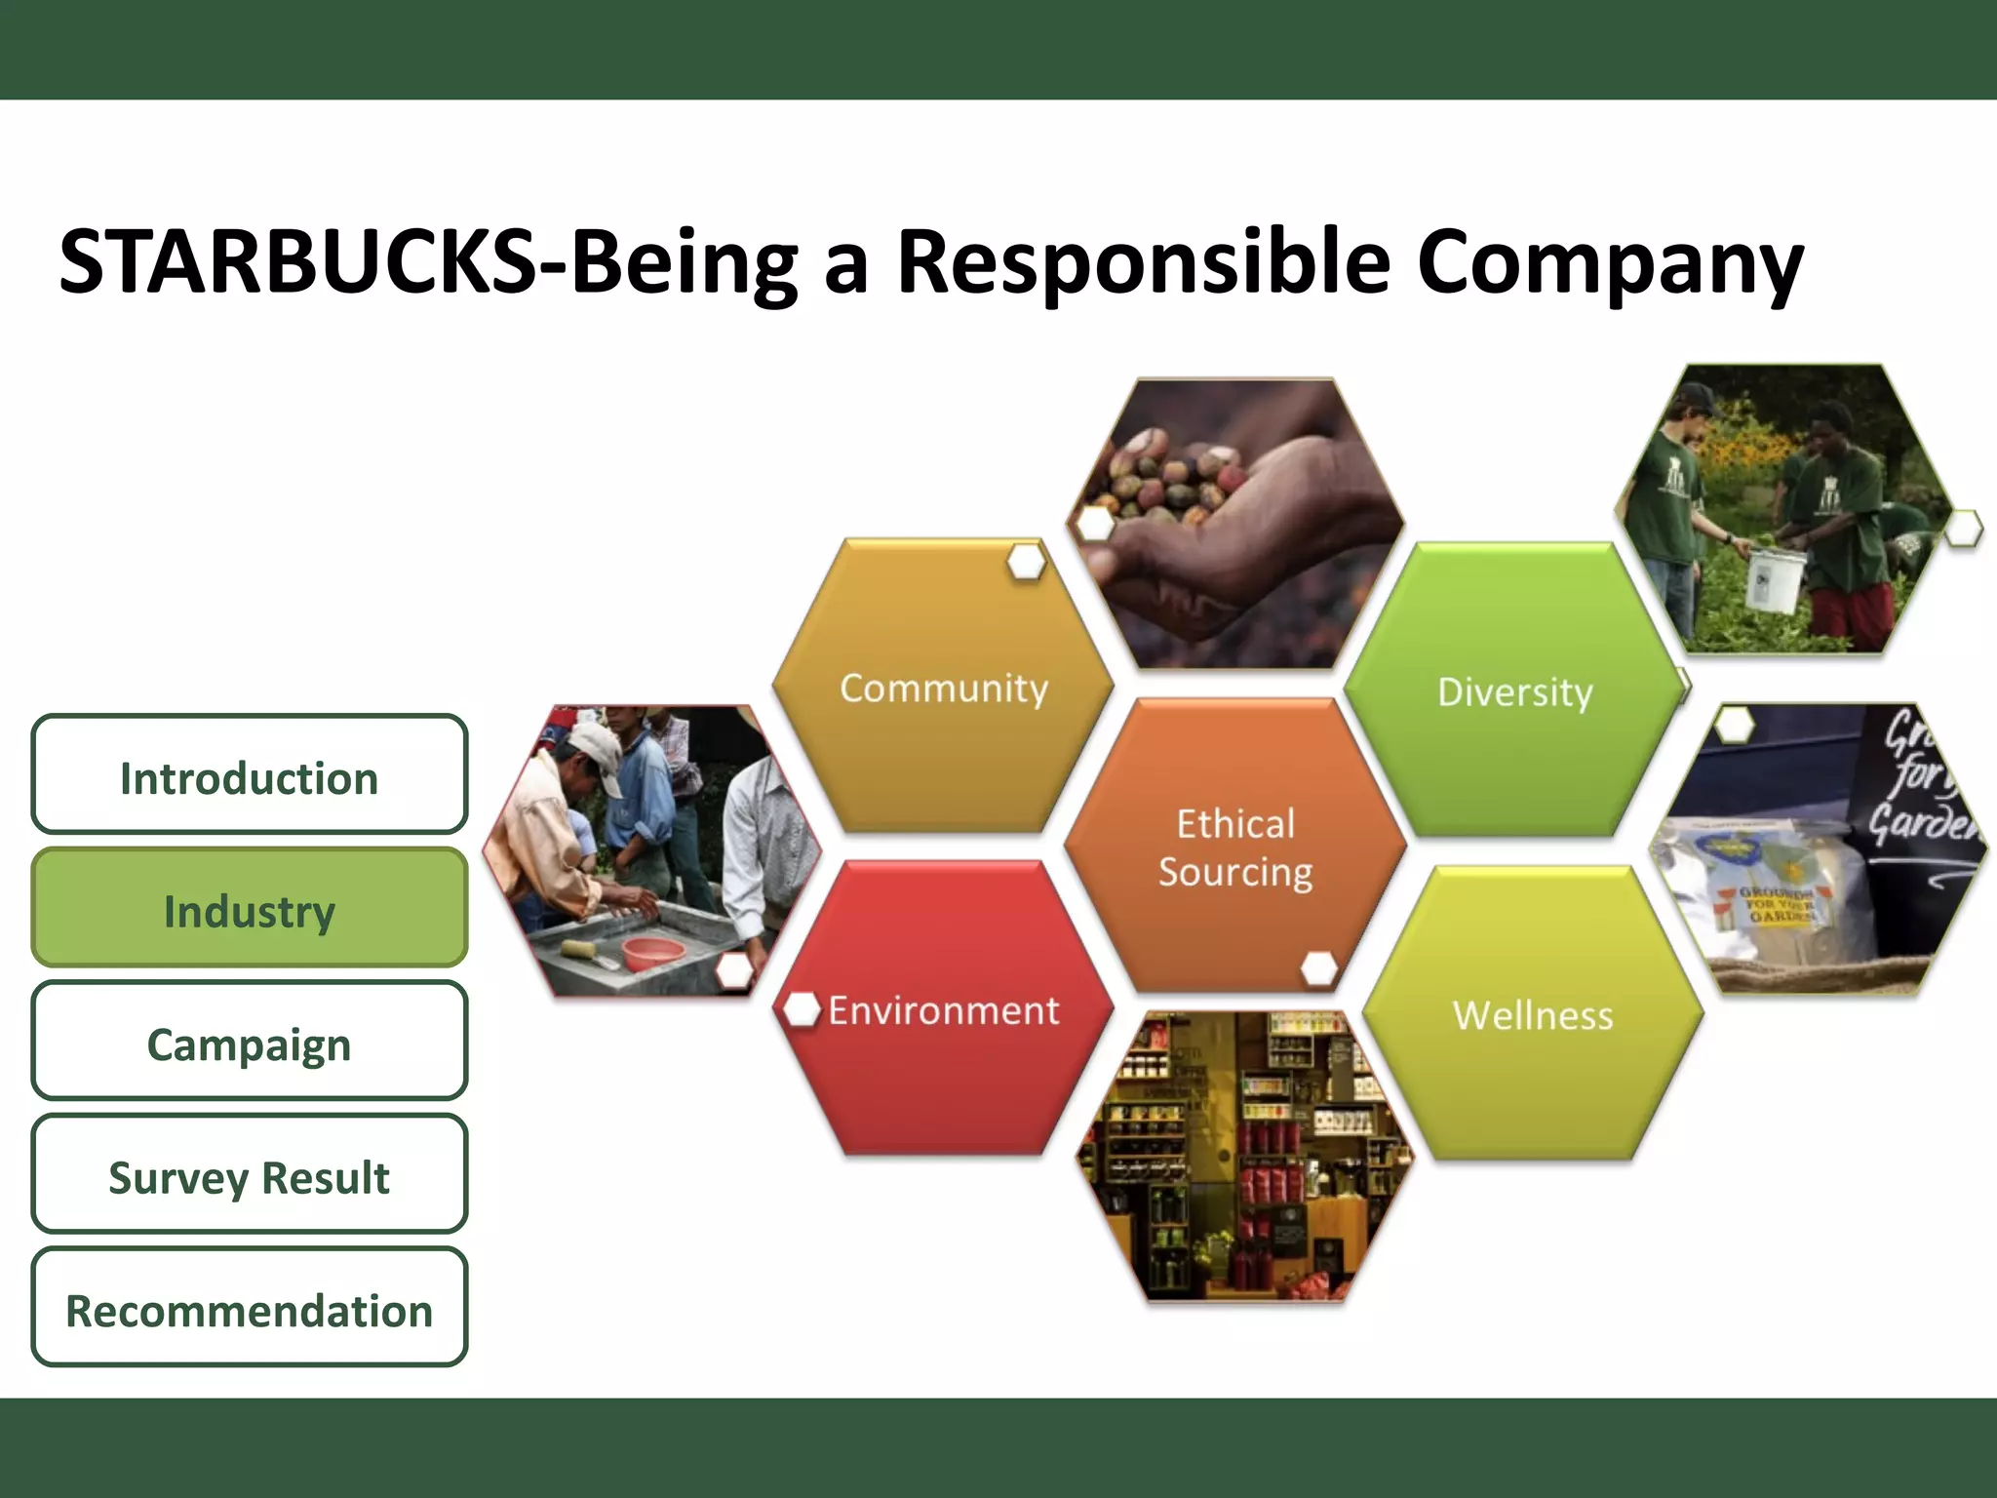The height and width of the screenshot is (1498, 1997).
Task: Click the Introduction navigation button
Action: (249, 776)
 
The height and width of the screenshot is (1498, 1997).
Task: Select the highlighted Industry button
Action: (249, 909)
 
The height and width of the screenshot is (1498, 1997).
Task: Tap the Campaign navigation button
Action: (249, 1043)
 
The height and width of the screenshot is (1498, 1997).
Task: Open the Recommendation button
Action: (249, 1309)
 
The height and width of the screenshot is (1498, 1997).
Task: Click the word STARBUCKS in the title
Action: (297, 261)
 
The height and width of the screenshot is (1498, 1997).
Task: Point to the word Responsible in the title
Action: (1143, 261)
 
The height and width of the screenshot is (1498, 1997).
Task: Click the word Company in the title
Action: (1609, 261)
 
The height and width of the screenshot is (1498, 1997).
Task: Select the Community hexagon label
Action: (943, 689)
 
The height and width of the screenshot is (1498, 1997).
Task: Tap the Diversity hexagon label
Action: (1514, 692)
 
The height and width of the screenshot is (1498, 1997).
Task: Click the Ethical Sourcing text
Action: (1235, 848)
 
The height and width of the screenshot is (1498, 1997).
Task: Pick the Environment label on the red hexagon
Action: (943, 1011)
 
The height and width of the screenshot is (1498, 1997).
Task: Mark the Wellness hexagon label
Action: (1532, 1015)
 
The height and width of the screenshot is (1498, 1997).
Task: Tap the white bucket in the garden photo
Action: (1771, 580)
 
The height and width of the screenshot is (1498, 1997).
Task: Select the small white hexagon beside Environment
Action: (802, 1009)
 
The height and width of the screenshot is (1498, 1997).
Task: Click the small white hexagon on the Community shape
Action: (1026, 563)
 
